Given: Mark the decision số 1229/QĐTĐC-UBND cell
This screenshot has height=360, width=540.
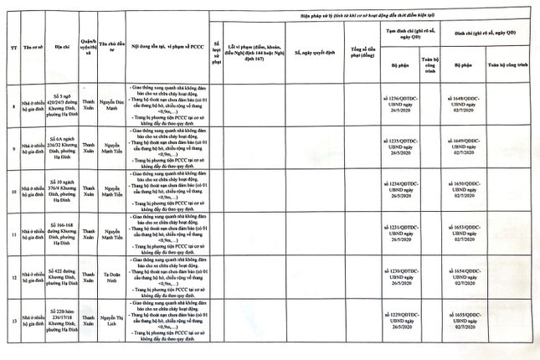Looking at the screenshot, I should (x=404, y=321).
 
